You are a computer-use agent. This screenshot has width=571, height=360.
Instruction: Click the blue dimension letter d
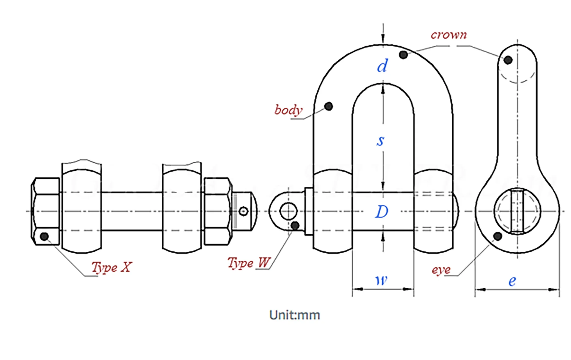(383, 66)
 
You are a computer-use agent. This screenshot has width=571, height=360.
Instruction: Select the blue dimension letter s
(380, 141)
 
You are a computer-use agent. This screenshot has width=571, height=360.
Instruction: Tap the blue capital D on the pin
(382, 212)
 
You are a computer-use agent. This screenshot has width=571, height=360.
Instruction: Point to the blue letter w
(381, 280)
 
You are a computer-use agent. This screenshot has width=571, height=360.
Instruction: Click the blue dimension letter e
(512, 281)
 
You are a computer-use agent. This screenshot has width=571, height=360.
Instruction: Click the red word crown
(449, 35)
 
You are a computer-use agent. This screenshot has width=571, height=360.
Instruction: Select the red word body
(288, 110)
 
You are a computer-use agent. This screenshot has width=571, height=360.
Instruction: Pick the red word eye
(441, 270)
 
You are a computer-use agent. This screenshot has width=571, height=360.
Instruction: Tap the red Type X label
(112, 267)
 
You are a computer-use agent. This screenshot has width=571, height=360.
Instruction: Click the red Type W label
(249, 263)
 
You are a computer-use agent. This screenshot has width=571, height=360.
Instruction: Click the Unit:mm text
(294, 315)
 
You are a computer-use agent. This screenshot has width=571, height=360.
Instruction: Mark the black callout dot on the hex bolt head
(44, 237)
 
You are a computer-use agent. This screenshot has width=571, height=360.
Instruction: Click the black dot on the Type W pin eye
(295, 226)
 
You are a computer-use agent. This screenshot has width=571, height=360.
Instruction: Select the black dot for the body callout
(328, 106)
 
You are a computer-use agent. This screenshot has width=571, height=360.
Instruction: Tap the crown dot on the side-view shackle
(508, 60)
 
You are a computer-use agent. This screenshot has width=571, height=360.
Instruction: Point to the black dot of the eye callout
(498, 237)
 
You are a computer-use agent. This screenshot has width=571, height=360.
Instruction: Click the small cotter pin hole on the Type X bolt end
(244, 211)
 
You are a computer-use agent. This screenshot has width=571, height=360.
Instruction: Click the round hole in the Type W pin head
(288, 211)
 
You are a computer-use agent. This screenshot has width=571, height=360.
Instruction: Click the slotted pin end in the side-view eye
(517, 211)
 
